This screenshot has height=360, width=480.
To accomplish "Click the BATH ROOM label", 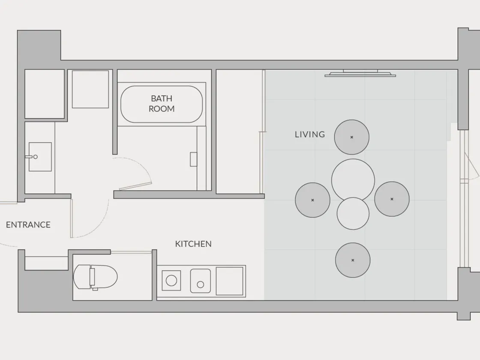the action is coord(162,103).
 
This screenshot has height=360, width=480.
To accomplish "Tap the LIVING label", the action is coord(310,135).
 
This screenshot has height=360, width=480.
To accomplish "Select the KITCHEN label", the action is coord(193,244).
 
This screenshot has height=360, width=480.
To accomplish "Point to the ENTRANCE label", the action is coord(28,225).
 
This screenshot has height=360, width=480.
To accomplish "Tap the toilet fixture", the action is coord(96,277).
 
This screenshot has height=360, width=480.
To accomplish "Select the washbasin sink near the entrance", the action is coord(40,157).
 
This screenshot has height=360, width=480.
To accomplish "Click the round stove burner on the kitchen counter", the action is coord(171,280).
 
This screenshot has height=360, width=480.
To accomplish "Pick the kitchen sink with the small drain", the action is coord(201,281).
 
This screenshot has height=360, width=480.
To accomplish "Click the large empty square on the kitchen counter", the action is coord(230,281).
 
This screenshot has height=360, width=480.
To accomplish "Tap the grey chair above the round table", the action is coord(352,137).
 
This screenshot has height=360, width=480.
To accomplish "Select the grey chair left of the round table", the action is coord(312,200).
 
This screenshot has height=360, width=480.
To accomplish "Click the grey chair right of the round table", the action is coord(392,199).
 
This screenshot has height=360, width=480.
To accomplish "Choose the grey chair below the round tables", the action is coord(353,260).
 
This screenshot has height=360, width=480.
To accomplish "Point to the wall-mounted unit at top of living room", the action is coord(360,73).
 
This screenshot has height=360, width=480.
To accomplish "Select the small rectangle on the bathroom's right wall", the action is coord(193,159).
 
